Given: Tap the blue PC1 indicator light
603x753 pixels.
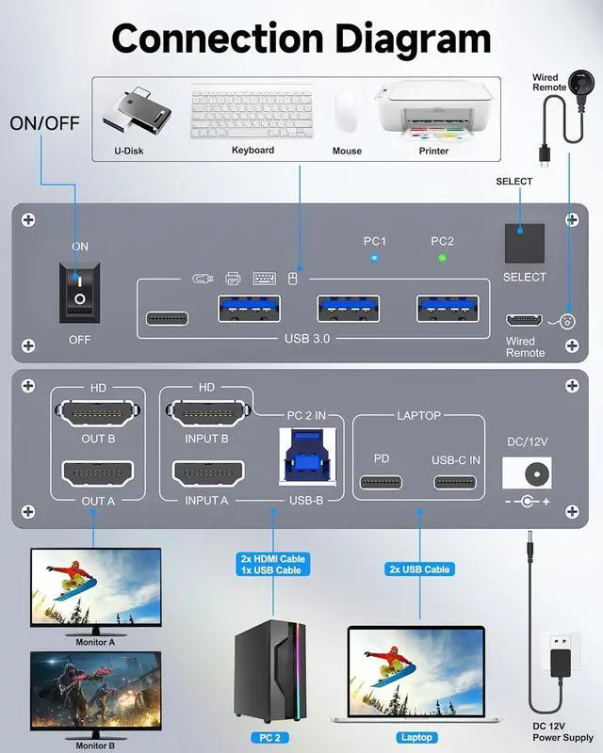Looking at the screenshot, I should click(x=374, y=257).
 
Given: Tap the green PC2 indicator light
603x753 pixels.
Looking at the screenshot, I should click(x=442, y=257).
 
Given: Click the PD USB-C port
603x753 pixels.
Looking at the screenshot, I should click(x=381, y=483).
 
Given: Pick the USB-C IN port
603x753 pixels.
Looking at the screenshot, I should click(x=456, y=483).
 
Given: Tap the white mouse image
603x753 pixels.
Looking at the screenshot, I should click(x=347, y=113).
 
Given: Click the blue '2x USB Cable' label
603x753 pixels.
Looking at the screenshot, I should click(x=418, y=569).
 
